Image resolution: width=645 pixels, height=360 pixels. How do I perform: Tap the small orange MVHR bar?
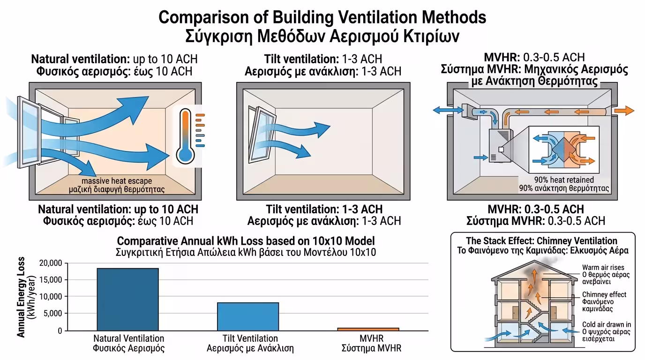(x=368, y=329)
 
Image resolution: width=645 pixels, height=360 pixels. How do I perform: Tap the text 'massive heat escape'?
(x=117, y=181)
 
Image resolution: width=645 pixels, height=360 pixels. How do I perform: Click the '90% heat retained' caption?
(x=563, y=180)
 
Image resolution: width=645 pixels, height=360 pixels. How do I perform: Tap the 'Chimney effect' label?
(x=604, y=295)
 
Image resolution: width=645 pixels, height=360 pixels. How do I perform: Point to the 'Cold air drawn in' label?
(x=606, y=324)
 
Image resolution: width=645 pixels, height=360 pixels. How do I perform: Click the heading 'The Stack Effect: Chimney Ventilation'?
(x=542, y=241)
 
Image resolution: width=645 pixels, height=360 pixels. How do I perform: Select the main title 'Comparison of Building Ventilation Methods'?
(x=322, y=17)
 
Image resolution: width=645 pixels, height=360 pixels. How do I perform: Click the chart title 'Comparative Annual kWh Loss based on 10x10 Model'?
(x=246, y=241)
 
